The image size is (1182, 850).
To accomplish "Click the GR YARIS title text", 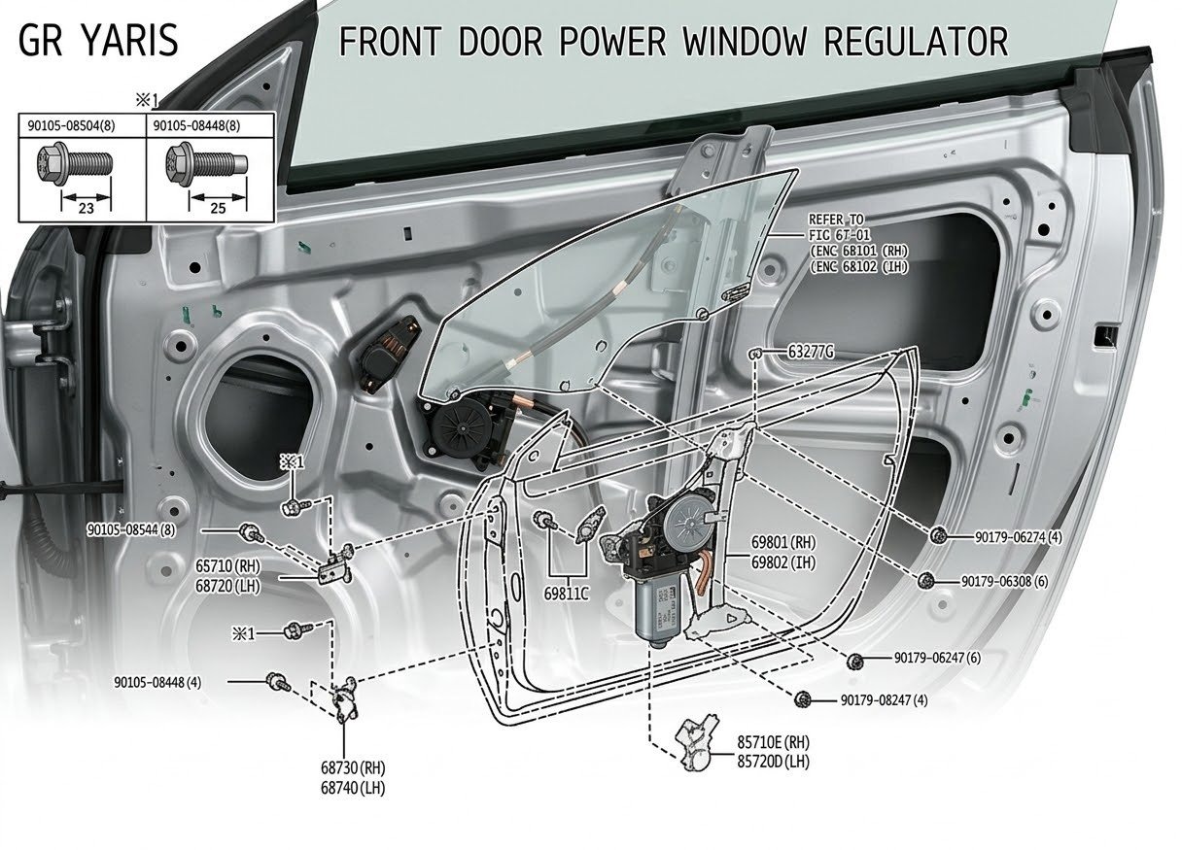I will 99,41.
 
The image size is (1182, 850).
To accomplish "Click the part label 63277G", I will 811,351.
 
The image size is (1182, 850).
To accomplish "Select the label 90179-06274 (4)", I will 1018,536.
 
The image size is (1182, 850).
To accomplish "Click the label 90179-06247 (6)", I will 937,659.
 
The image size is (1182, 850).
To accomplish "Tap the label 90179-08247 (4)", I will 884,700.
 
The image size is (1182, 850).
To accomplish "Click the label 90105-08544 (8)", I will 130,530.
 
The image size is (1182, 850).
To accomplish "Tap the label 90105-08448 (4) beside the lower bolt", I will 157,682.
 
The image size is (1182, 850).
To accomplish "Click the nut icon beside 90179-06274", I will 939,536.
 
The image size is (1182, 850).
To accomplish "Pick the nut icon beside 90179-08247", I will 802,700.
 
